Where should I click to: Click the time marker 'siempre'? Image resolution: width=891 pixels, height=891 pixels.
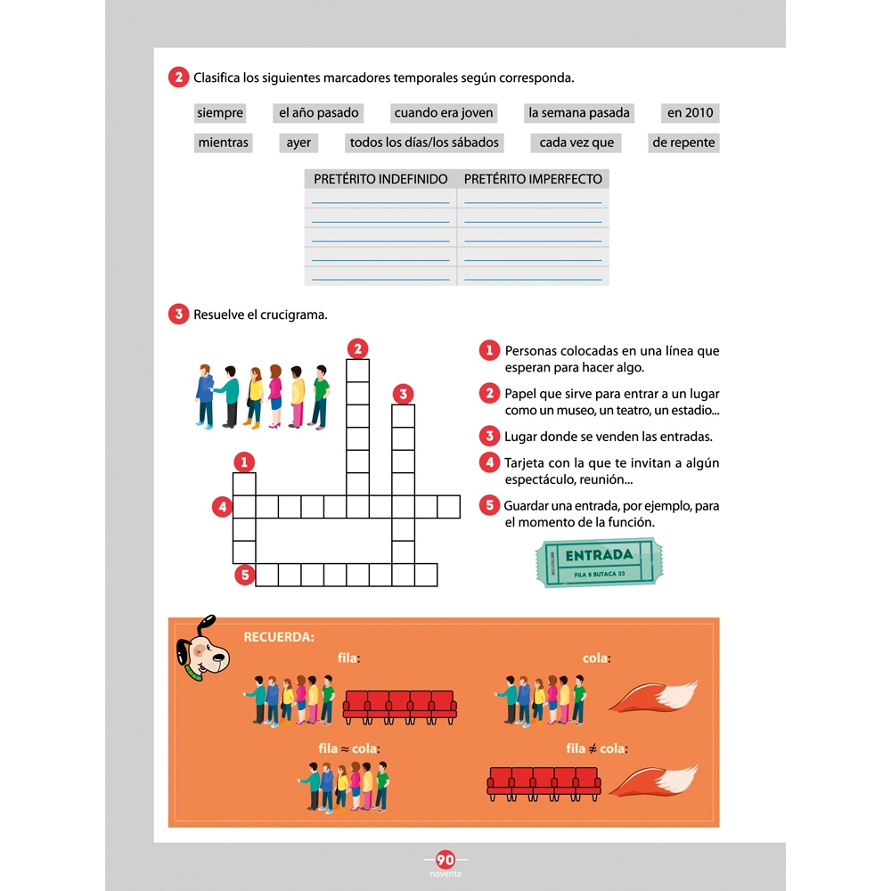(220, 113)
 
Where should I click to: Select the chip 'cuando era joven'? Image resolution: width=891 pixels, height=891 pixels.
(444, 113)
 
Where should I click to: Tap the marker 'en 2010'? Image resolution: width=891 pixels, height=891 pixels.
(691, 113)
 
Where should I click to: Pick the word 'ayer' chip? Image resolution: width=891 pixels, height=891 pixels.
(298, 143)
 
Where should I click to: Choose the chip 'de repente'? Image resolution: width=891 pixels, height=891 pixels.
(683, 143)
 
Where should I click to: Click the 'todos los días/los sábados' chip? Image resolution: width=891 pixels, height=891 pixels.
(424, 143)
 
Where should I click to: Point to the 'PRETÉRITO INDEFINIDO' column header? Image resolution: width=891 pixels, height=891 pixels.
(380, 179)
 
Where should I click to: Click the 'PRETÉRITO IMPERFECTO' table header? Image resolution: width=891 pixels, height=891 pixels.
(533, 179)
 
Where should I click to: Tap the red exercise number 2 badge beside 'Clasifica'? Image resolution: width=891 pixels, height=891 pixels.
(178, 78)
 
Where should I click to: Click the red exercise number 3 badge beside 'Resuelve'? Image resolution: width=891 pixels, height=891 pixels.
(178, 314)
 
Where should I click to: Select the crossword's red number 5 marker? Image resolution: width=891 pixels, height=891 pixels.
(245, 575)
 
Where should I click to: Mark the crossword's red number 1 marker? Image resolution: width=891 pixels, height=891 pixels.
(244, 462)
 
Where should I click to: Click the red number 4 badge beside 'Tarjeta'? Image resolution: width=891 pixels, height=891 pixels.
(488, 462)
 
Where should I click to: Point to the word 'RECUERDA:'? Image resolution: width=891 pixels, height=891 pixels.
(279, 637)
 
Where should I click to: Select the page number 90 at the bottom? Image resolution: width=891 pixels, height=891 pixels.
(445, 860)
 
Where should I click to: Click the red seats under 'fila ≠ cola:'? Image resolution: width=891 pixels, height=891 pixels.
(542, 781)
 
